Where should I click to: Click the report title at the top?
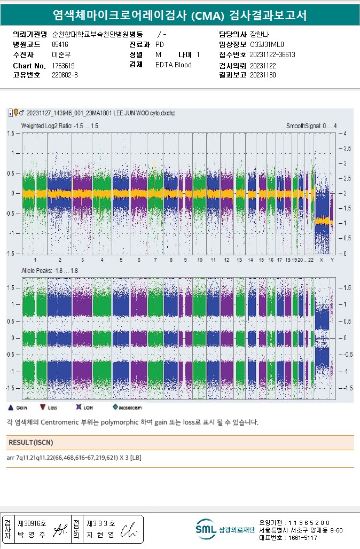[180, 15]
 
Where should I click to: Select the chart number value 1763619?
[63, 65]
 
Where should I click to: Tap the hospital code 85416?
[60, 44]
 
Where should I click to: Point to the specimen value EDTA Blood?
[173, 65]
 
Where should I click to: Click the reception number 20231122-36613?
[272, 54]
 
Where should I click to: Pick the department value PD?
[159, 44]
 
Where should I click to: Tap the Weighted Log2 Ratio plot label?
[59, 126]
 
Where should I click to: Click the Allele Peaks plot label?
[49, 271]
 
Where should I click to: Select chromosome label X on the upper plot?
[321, 260]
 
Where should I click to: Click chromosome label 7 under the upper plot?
[155, 260]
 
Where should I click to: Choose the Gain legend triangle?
[11, 407]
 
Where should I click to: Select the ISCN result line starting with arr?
[74, 458]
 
